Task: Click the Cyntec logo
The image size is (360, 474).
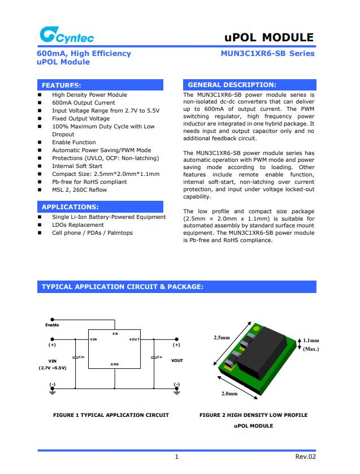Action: point(66,37)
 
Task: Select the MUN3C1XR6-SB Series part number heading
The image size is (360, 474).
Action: point(268,54)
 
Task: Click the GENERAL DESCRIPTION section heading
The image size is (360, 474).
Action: point(232,85)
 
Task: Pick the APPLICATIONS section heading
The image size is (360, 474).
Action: point(70,207)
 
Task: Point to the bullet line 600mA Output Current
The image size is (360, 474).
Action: point(83,103)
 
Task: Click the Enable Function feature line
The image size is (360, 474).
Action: point(74,143)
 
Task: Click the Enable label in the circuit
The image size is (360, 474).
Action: point(52,325)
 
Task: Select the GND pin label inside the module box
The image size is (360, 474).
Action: point(115,364)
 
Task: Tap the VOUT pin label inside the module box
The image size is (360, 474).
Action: point(135,339)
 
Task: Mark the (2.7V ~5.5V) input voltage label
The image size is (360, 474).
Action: point(53,368)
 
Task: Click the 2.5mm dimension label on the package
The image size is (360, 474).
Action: point(222,338)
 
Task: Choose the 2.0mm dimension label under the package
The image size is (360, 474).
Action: point(229,393)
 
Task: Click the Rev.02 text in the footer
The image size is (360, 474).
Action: point(305,456)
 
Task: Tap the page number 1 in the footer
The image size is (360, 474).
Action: point(177,456)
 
